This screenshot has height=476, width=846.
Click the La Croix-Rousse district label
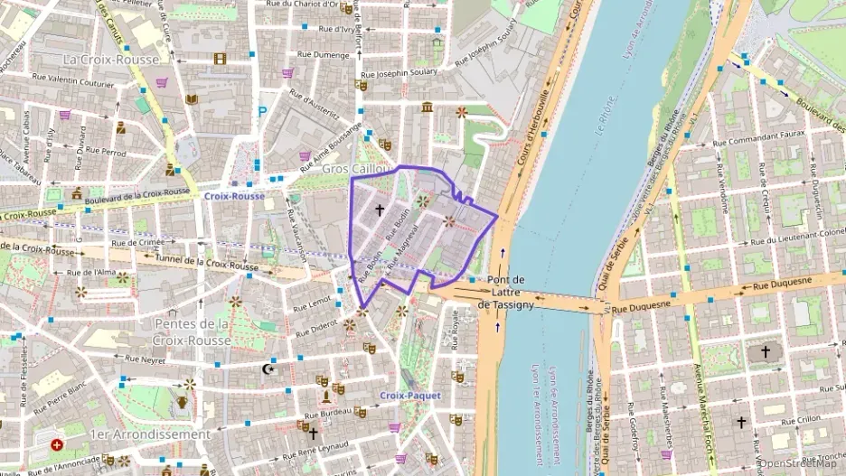(x=111, y=60)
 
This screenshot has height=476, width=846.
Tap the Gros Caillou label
(x=357, y=170)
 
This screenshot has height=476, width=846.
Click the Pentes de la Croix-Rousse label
(x=193, y=331)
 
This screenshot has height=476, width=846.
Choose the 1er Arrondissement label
(x=149, y=434)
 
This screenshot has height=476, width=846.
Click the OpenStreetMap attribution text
(x=801, y=464)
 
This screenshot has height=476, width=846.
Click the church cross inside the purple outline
(x=380, y=210)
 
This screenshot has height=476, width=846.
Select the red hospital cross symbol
(x=57, y=445)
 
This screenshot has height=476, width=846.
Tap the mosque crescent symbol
(x=267, y=369)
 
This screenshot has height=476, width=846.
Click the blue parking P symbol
(x=263, y=112)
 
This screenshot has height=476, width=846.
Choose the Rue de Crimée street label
(x=138, y=243)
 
